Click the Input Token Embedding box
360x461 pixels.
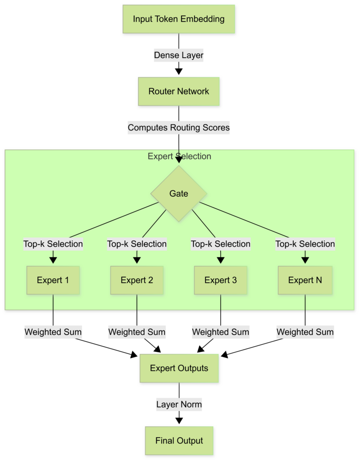click(179, 19)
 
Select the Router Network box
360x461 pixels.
click(179, 91)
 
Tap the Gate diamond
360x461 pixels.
click(179, 194)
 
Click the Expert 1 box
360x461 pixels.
click(53, 280)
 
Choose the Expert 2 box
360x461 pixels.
click(137, 280)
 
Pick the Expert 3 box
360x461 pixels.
click(221, 280)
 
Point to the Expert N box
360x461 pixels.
click(305, 280)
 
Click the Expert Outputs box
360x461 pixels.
click(179, 368)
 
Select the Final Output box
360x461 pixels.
click(179, 441)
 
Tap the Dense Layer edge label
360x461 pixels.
click(179, 55)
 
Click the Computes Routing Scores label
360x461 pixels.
click(179, 128)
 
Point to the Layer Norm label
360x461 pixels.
click(179, 404)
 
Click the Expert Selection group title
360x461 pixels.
click(179, 157)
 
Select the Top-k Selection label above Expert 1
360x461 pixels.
click(53, 244)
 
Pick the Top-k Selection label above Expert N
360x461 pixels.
click(305, 244)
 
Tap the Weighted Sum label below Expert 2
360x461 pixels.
click(137, 332)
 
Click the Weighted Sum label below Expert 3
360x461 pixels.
click(221, 332)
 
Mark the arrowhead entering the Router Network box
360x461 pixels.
click(179, 71)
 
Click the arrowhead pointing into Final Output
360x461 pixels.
click(179, 420)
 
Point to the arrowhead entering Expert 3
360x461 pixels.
click(221, 260)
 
